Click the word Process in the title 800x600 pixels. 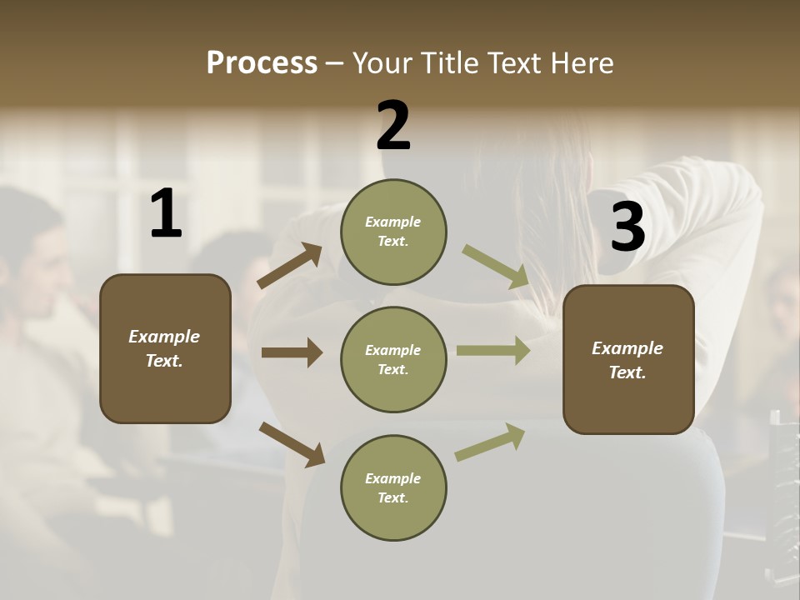262,63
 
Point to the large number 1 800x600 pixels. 166,214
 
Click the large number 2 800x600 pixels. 393,126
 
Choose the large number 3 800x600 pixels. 627,227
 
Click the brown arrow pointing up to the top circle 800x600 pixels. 290,266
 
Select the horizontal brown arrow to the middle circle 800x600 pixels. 292,352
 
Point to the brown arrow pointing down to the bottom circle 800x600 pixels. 292,443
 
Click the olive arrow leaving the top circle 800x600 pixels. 495,266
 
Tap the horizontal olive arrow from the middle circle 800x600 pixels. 493,351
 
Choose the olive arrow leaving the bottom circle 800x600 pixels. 490,442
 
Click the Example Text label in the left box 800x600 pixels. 165,348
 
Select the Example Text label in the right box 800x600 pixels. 627,360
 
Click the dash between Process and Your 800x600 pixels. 335,64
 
